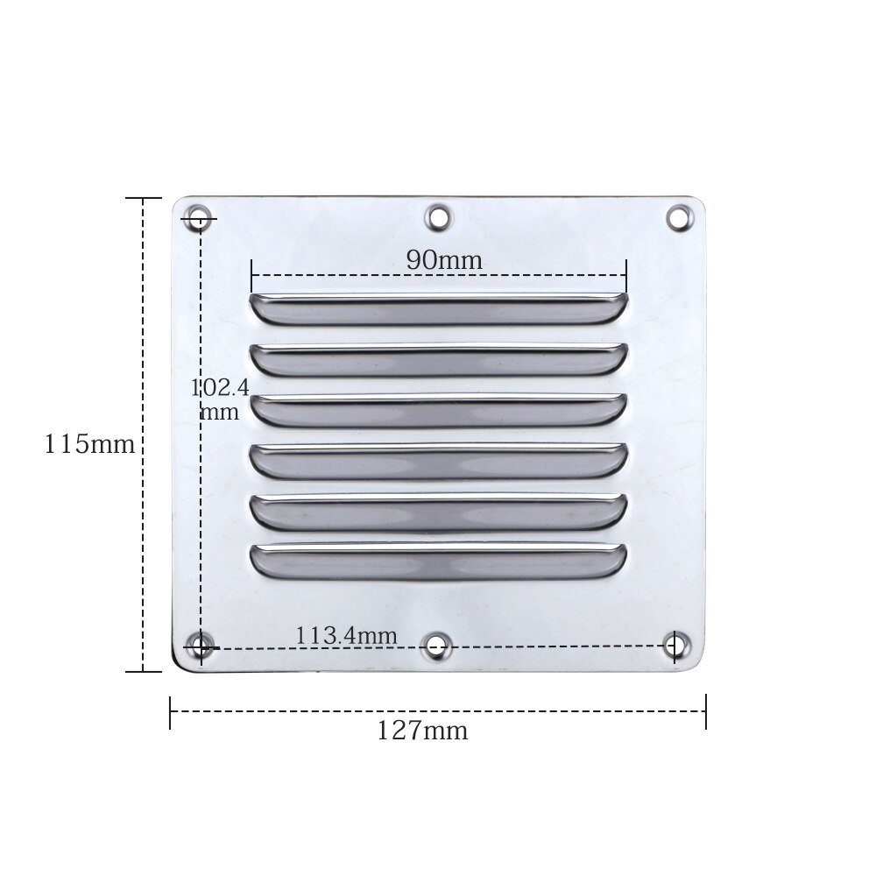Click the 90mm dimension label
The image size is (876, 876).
(x=443, y=259)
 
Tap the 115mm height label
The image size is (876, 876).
(x=89, y=444)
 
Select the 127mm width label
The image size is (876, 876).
(x=422, y=731)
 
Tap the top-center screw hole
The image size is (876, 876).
(x=436, y=215)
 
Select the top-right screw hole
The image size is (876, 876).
(x=679, y=216)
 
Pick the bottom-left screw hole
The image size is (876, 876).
(x=201, y=647)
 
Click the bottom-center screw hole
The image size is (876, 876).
(x=436, y=647)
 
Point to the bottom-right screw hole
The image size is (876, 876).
(x=675, y=646)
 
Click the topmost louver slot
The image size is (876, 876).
(x=438, y=309)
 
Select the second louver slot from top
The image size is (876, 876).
(x=438, y=359)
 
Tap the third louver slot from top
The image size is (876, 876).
(x=438, y=410)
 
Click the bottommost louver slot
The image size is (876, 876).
(x=438, y=562)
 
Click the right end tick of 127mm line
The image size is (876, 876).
(x=705, y=711)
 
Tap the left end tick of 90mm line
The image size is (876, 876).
(x=251, y=275)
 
